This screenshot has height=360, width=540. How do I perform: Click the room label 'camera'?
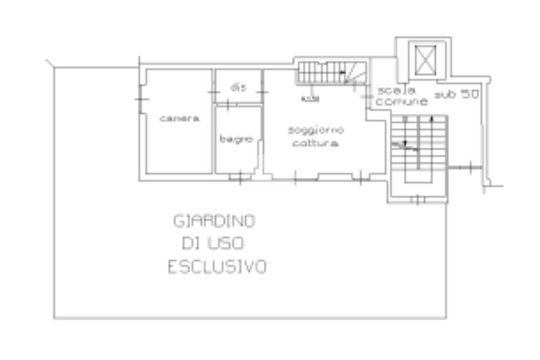pyautogui.click(x=179, y=119)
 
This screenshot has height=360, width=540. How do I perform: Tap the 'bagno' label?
pyautogui.click(x=236, y=139)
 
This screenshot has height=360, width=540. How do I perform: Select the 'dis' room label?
pyautogui.click(x=238, y=88)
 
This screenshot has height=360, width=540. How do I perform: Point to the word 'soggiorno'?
pyautogui.click(x=316, y=130)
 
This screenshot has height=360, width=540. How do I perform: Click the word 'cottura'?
pyautogui.click(x=316, y=143)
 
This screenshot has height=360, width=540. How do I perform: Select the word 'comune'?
pyautogui.click(x=401, y=102)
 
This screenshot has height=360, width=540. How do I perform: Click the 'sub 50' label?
pyautogui.click(x=456, y=94)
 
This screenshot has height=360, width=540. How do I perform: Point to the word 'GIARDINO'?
pyautogui.click(x=215, y=221)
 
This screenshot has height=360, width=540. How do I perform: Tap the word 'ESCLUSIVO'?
pyautogui.click(x=217, y=267)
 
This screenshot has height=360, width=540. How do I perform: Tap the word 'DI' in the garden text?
pyautogui.click(x=190, y=244)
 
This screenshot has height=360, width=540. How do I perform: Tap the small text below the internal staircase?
pyautogui.click(x=310, y=99)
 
